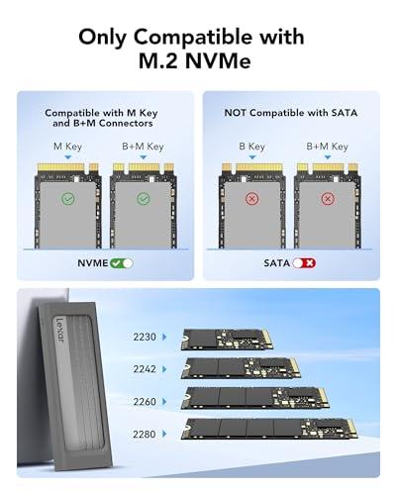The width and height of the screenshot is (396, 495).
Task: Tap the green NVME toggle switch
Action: tap(122, 263)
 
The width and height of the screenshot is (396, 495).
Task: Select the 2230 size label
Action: tap(145, 337)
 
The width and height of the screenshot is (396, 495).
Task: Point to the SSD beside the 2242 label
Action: tap(239, 366)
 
